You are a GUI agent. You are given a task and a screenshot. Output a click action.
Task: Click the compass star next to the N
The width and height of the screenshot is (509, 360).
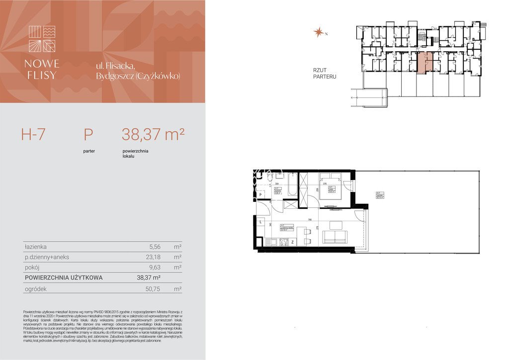(x=318, y=33)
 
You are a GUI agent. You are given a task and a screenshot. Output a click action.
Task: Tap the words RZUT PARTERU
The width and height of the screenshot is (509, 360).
(x=325, y=74)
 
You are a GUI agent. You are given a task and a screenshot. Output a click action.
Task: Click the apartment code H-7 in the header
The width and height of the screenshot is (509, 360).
(x=33, y=134)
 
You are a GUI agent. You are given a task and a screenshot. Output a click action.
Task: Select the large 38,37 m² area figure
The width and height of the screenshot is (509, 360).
(x=153, y=134)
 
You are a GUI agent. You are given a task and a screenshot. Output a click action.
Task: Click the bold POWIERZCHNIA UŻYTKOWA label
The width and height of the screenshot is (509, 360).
(x=64, y=278)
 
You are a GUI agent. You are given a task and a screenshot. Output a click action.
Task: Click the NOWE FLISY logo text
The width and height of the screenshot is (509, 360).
(x=42, y=70)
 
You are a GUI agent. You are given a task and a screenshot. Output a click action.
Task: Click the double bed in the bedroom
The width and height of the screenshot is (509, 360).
(x=330, y=187)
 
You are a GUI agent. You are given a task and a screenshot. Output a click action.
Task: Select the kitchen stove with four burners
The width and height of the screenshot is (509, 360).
(x=285, y=243)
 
